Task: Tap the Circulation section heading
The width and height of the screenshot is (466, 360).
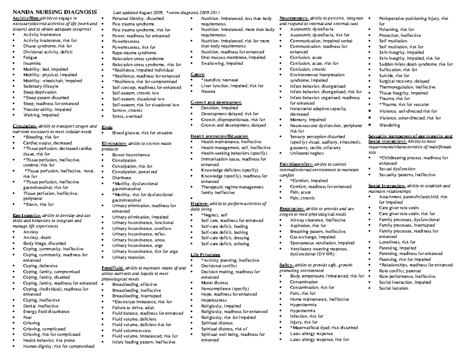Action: (24, 126)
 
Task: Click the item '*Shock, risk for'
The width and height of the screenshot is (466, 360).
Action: (38, 204)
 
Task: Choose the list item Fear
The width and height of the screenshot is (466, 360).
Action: (28, 317)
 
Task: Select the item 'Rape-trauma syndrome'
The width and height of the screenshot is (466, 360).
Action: (134, 53)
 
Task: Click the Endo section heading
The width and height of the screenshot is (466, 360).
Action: (107, 127)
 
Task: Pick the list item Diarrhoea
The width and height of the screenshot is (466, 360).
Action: (122, 177)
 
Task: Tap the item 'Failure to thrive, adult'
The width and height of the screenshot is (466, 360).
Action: (133, 308)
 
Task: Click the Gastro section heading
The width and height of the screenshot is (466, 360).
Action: (198, 74)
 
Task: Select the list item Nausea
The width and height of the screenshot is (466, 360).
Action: (208, 92)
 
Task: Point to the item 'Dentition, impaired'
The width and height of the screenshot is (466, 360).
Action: (219, 108)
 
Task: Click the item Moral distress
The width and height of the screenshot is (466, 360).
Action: (214, 283)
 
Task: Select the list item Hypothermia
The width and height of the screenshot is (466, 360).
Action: (303, 311)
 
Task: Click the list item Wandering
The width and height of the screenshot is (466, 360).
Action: (389, 125)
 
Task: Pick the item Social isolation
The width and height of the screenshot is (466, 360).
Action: (393, 288)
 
